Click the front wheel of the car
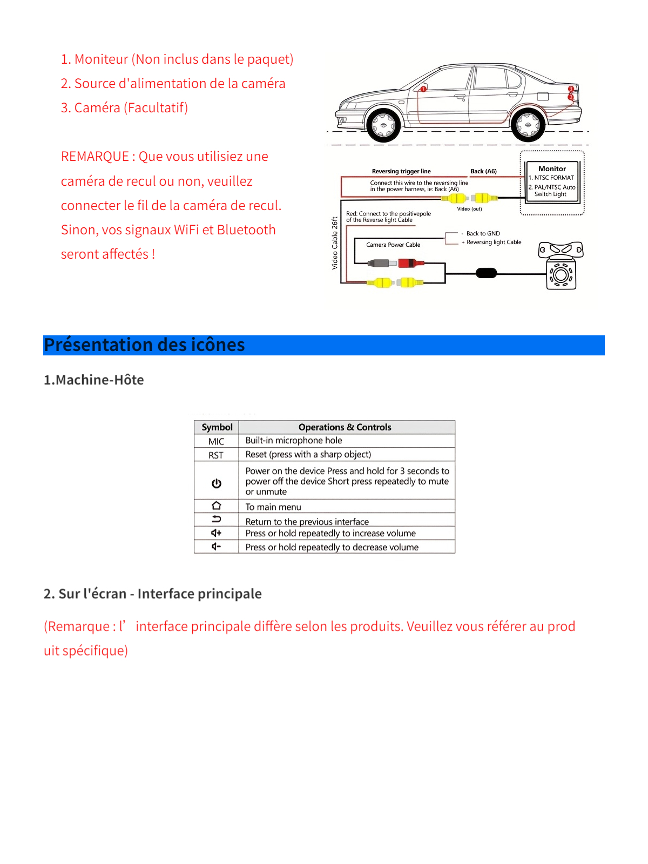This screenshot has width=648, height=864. (x=384, y=125)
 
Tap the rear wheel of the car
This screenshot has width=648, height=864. (x=528, y=125)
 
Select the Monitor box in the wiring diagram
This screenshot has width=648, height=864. (x=552, y=181)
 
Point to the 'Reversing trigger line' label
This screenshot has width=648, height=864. (x=401, y=171)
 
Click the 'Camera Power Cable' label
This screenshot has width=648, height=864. (x=393, y=245)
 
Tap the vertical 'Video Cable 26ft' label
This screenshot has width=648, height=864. (x=335, y=243)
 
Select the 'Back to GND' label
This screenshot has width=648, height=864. (x=483, y=233)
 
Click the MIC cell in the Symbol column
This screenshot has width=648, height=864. (x=217, y=441)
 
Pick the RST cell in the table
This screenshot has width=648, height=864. (x=216, y=455)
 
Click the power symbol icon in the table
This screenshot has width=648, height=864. (x=217, y=483)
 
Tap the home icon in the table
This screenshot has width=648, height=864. (x=217, y=505)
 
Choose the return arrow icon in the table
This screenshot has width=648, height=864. (x=217, y=519)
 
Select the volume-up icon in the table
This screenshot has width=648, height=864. (x=217, y=533)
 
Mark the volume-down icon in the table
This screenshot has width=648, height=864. (x=217, y=546)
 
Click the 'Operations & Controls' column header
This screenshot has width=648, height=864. (x=345, y=427)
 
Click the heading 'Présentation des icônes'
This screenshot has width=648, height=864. (x=144, y=345)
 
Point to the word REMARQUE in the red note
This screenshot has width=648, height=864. (x=94, y=157)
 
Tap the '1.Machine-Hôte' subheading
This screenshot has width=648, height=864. (x=94, y=380)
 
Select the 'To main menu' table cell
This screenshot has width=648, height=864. (x=273, y=507)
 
